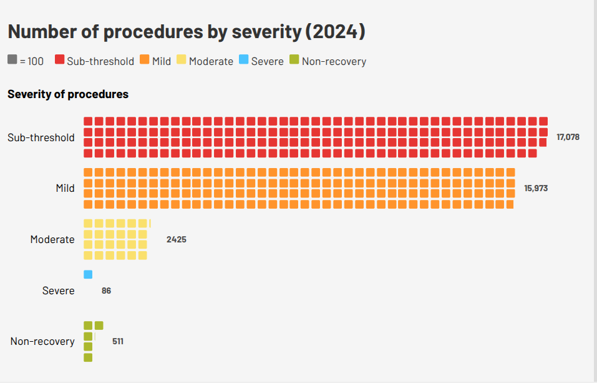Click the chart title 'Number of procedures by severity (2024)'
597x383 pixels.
point(186,32)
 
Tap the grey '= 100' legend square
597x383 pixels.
point(12,61)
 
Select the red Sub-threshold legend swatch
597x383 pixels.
point(60,61)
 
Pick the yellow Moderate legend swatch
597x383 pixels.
point(182,61)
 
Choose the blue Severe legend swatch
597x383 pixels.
point(244,61)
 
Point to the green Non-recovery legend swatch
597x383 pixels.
point(294,61)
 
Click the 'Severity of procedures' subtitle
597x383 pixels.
point(68,94)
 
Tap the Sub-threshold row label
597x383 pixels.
point(41,137)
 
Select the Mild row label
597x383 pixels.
point(65,188)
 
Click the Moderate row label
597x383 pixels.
point(52,239)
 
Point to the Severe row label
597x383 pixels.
point(58,291)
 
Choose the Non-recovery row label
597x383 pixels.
point(42,341)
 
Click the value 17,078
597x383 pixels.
point(568,137)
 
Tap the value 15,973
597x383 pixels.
point(536,188)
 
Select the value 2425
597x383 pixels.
point(177,239)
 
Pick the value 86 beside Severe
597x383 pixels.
point(106,291)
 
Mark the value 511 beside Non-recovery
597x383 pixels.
point(118,341)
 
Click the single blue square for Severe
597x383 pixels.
point(88,274)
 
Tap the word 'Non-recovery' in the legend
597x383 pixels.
point(334,61)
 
